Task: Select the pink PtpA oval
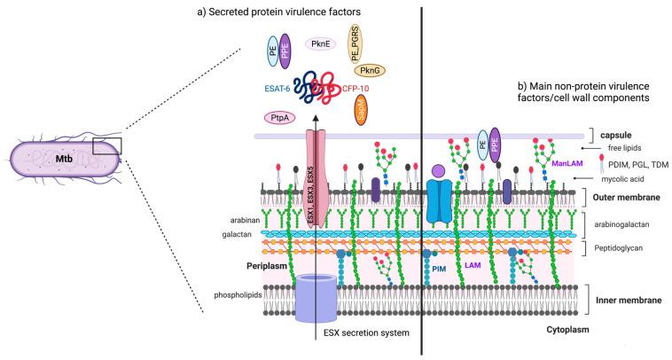(x=279, y=118)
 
